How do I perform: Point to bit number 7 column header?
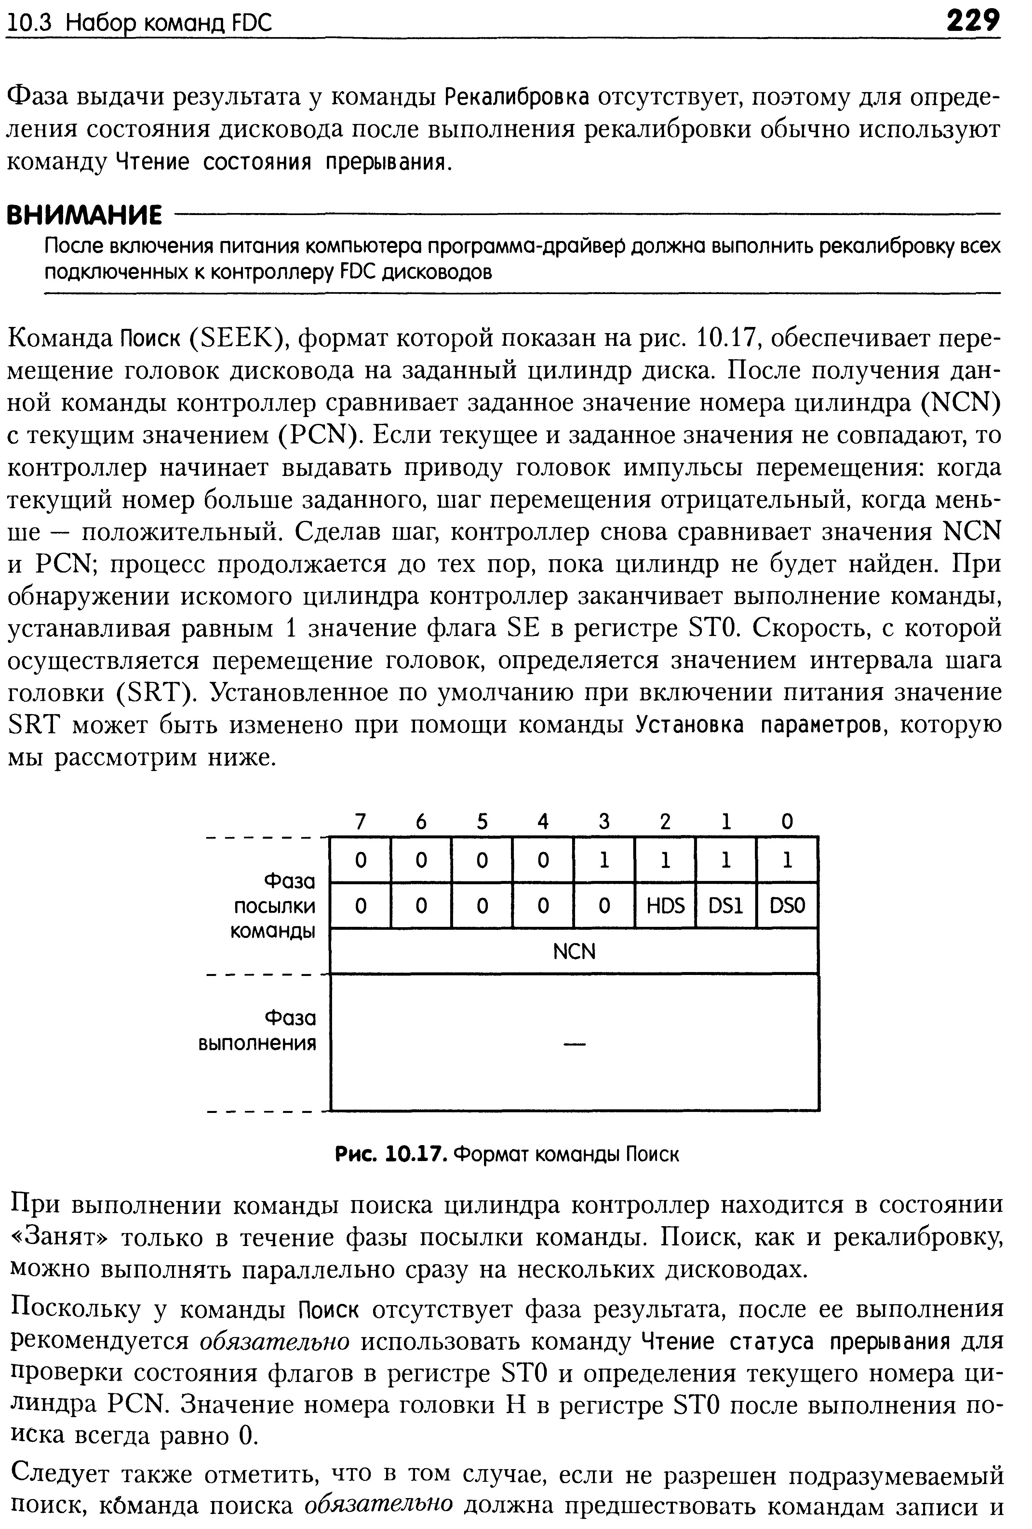coord(360,821)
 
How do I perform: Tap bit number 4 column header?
coord(543,821)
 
